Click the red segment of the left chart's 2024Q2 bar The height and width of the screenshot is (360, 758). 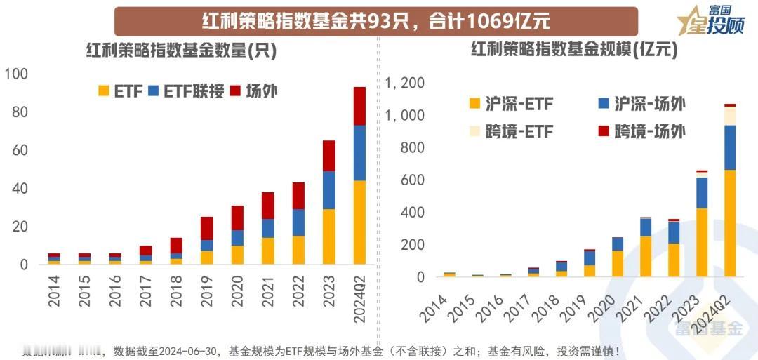tap(359, 106)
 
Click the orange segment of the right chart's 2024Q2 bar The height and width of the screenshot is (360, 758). tap(731, 223)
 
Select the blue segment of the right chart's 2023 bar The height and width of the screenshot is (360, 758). tap(700, 193)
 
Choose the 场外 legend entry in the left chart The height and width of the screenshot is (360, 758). tap(253, 91)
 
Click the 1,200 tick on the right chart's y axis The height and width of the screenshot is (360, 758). tap(405, 83)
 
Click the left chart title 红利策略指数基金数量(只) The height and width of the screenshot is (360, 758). tap(181, 51)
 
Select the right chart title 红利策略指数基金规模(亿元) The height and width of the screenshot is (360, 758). tap(574, 51)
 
